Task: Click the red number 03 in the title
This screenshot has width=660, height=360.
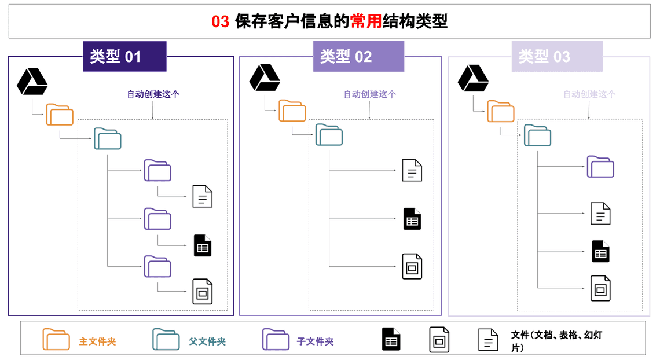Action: pos(221,22)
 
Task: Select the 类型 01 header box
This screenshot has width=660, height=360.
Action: pos(124,57)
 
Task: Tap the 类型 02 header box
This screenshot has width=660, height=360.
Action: pos(358,57)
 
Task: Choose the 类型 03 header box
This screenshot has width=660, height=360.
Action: pos(556,57)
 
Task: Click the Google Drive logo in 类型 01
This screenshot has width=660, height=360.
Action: pos(32,82)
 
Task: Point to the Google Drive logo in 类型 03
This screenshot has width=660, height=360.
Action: pos(473,78)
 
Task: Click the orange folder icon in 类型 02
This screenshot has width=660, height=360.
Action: pos(292,111)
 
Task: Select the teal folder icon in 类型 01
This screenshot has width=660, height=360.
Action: pos(108,139)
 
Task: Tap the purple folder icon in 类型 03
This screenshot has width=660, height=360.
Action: pos(600,167)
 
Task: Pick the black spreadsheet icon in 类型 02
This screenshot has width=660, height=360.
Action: pos(412,219)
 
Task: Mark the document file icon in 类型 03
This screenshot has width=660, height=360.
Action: pos(600,214)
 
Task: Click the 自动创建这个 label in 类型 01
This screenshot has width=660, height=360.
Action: pos(153,94)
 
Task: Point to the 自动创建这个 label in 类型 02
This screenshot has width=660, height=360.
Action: pos(370,94)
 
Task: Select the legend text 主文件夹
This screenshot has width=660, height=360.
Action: pos(97,341)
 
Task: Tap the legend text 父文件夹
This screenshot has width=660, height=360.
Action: pos(207,341)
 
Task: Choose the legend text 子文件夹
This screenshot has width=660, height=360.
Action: pos(316,341)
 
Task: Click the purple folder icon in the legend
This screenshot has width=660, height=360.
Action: pos(276,340)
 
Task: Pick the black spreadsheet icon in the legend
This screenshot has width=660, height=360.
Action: pos(391,340)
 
